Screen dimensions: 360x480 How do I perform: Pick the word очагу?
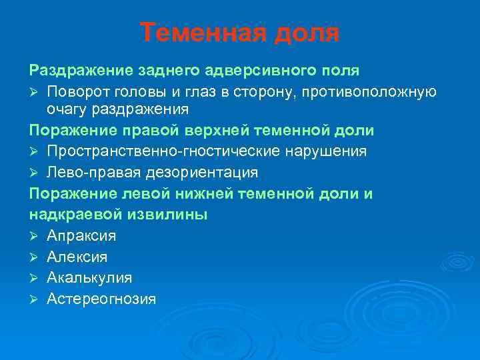coord(68,108)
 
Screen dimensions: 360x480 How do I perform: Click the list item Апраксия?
coord(81,236)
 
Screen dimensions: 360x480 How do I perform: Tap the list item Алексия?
coord(77,257)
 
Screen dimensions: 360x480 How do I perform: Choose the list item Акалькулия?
coord(89,277)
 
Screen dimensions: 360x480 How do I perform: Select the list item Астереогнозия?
coord(101,299)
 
